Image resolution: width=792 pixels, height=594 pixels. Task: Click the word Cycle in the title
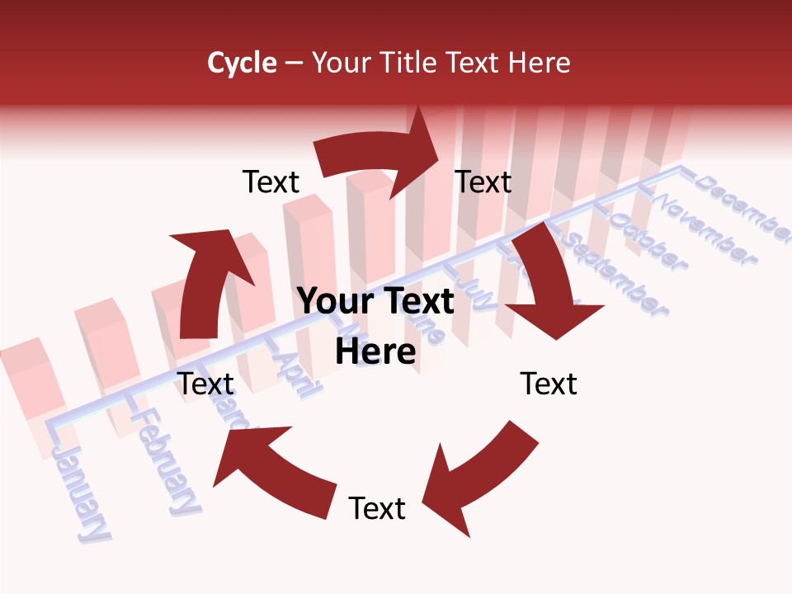click(242, 63)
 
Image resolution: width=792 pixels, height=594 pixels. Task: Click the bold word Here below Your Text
click(375, 352)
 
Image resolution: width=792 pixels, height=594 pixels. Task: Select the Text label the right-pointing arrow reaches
click(483, 182)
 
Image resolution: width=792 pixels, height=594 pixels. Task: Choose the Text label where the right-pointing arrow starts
click(271, 182)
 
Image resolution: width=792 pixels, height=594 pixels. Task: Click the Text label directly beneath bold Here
click(377, 509)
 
